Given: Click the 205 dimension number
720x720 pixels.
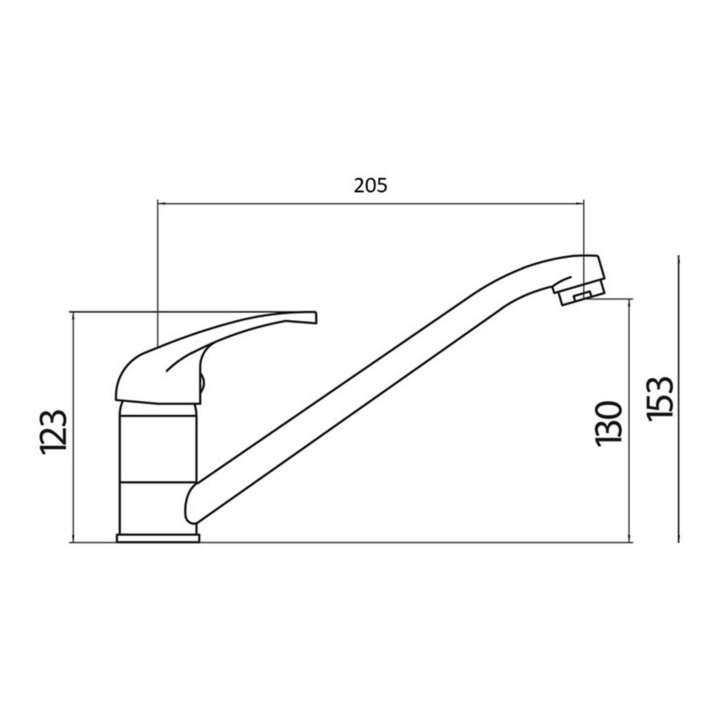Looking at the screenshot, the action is pyautogui.click(x=370, y=186).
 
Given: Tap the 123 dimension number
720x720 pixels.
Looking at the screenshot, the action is pyautogui.click(x=54, y=432).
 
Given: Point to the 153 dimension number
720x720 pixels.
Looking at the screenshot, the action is pyautogui.click(x=660, y=399).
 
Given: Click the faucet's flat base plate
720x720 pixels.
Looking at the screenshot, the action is pyautogui.click(x=158, y=538).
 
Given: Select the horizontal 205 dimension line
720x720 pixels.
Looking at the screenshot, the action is pyautogui.click(x=370, y=204).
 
